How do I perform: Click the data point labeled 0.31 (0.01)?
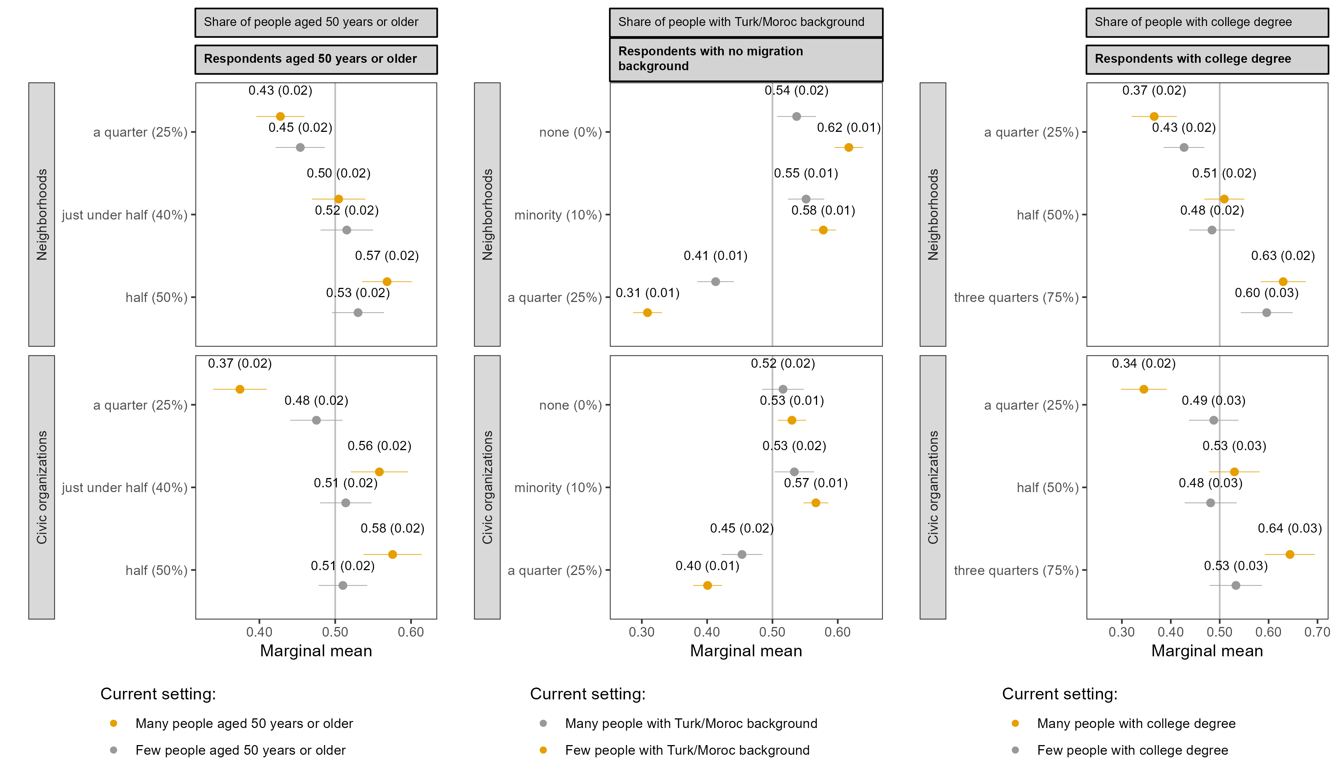pyautogui.click(x=647, y=312)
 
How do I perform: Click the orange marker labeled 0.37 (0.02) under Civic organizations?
pyautogui.click(x=240, y=389)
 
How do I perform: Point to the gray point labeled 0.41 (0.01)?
pyautogui.click(x=715, y=281)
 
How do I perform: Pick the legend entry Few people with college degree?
pyautogui.click(x=1132, y=750)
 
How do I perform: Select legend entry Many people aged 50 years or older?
pyautogui.click(x=244, y=723)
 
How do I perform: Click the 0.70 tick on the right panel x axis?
pyautogui.click(x=1317, y=632)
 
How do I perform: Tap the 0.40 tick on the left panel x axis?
pyautogui.click(x=260, y=632)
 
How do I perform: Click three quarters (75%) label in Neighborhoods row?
pyautogui.click(x=1016, y=298)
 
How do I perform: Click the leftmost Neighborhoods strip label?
pyautogui.click(x=41, y=214)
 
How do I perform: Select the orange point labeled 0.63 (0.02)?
pyautogui.click(x=1283, y=281)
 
